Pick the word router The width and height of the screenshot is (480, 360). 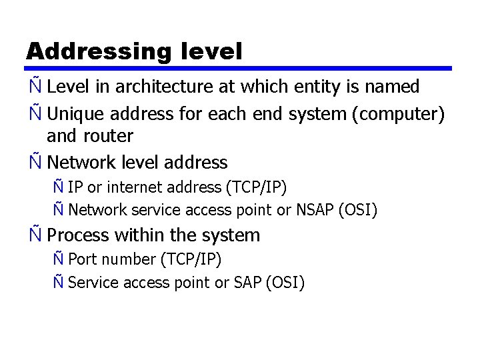pos(109,136)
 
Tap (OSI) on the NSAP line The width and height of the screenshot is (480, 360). pos(357,211)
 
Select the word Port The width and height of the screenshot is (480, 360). pos(82,259)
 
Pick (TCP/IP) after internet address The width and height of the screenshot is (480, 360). pos(258,187)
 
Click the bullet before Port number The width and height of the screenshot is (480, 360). pos(59,258)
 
